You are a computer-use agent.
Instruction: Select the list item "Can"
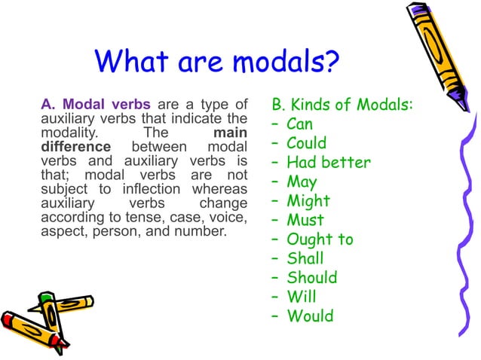(299, 124)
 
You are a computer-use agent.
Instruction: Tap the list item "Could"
(307, 143)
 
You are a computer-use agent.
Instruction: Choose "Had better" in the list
(329, 163)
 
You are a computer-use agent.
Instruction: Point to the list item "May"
(302, 182)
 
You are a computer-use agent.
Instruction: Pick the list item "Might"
(308, 201)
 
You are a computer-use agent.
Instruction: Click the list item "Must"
(305, 221)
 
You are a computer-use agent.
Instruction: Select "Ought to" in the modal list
(320, 240)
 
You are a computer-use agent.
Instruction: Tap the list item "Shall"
(305, 259)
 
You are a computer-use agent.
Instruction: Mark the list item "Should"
(312, 278)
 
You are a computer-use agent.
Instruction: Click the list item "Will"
(302, 297)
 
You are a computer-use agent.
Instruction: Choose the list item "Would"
(310, 316)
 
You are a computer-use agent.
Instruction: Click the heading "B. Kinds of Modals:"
(342, 104)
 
